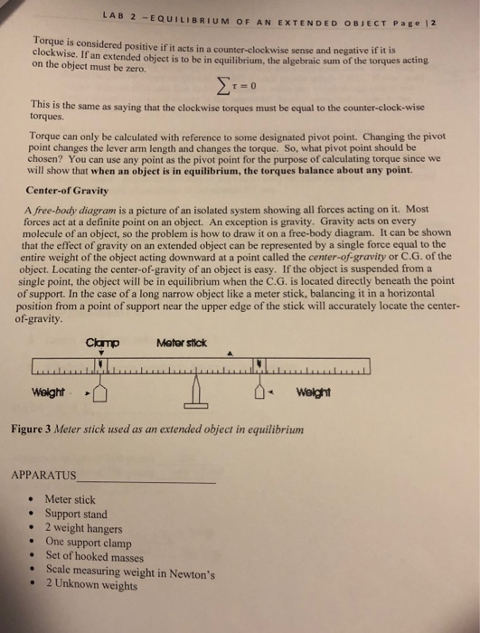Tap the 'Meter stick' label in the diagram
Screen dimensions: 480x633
pyautogui.click(x=182, y=342)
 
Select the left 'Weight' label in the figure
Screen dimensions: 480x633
pyautogui.click(x=48, y=392)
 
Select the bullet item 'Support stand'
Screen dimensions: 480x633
pyautogui.click(x=80, y=513)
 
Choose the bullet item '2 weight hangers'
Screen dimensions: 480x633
pyautogui.click(x=87, y=527)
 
